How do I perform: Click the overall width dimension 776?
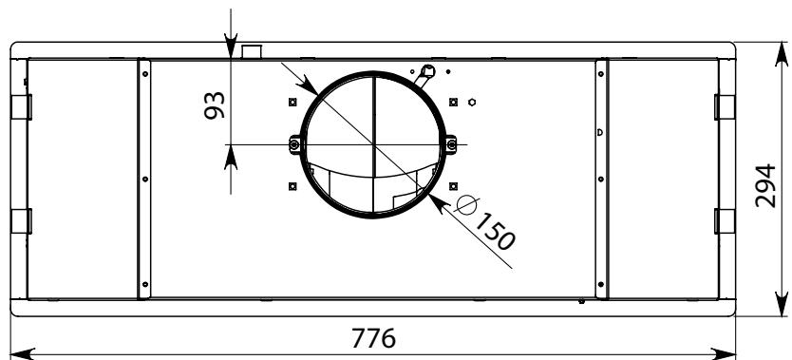click(x=373, y=338)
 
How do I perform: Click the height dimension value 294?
click(x=765, y=185)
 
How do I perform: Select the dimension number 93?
click(x=215, y=105)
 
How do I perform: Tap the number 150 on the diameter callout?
click(x=494, y=232)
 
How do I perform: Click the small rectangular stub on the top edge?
click(x=252, y=51)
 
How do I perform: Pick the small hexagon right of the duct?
click(x=472, y=102)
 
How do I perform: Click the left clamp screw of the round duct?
click(x=295, y=145)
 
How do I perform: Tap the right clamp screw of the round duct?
click(x=452, y=145)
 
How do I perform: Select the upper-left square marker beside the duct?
click(x=292, y=102)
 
